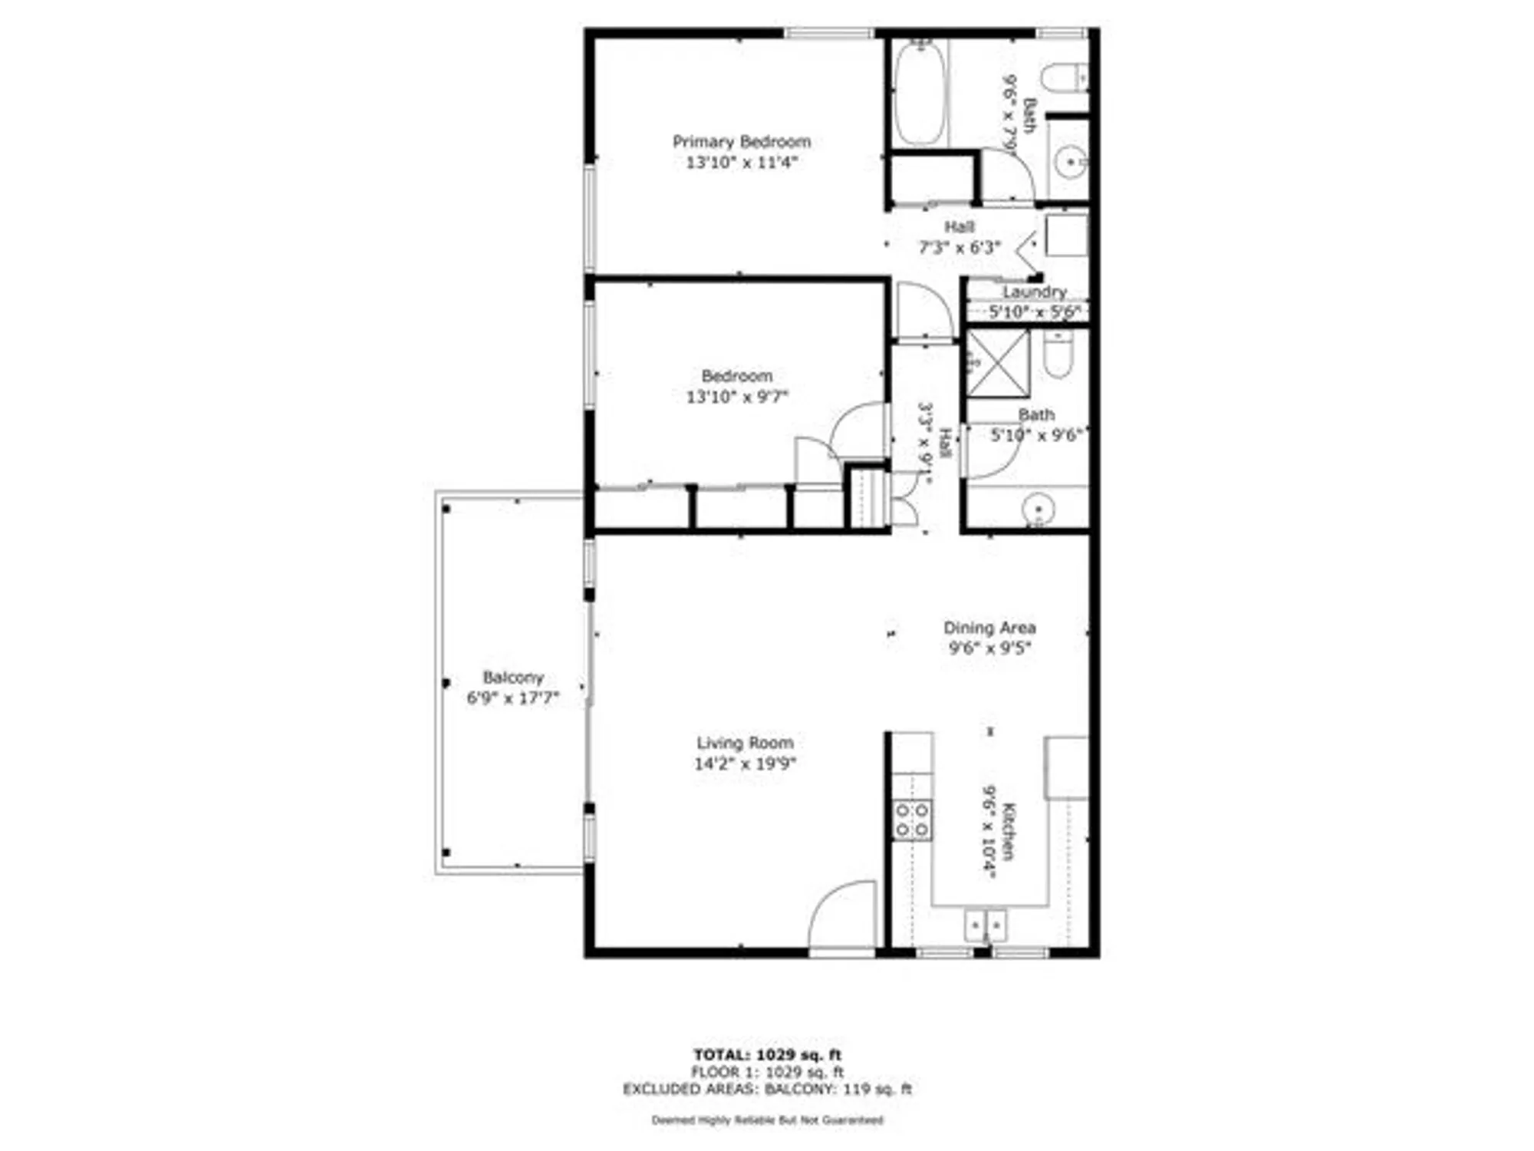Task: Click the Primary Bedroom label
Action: click(741, 141)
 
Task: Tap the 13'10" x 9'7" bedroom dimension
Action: click(736, 397)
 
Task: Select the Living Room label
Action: click(745, 743)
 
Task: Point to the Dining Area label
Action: click(989, 628)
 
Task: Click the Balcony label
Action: click(512, 678)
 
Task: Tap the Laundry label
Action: click(1034, 292)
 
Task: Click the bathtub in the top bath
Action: click(919, 94)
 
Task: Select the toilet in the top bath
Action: click(1062, 78)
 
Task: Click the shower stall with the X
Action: click(997, 364)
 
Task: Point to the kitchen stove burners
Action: click(912, 820)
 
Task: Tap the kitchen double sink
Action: click(986, 925)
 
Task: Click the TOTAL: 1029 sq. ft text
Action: click(767, 1055)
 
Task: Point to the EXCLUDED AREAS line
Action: click(767, 1089)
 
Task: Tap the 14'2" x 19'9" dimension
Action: click(745, 763)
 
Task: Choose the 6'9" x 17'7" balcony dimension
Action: click(512, 698)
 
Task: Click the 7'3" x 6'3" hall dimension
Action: click(960, 247)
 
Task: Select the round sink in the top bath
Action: click(1068, 163)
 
